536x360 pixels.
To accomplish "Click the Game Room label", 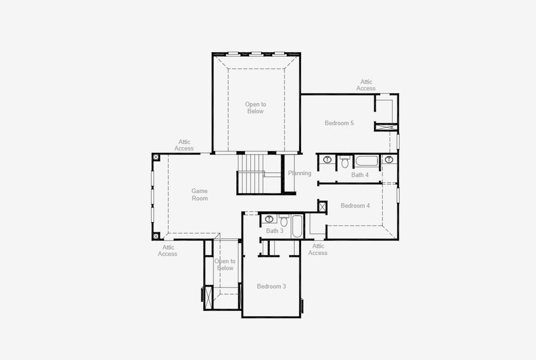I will [x=200, y=194].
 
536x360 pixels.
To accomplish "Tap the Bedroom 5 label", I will [x=339, y=123].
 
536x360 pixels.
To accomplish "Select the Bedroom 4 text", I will [x=355, y=206].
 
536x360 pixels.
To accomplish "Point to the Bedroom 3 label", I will [x=271, y=286].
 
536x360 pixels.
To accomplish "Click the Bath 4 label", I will [x=360, y=175].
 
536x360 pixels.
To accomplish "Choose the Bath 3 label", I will [x=275, y=231].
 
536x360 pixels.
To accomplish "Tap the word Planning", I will [x=300, y=173].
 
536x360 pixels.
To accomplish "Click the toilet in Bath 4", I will [x=345, y=161].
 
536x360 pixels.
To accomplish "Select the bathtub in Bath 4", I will [x=366, y=161].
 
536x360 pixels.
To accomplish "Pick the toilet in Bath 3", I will [x=284, y=221].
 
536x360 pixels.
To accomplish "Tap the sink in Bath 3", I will [x=269, y=219].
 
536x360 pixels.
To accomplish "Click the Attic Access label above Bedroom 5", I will [x=366, y=85].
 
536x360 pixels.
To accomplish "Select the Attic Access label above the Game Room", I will [x=184, y=145].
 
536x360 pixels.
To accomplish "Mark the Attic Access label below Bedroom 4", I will [x=318, y=249].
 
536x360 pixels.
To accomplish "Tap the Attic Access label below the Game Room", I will [x=168, y=250].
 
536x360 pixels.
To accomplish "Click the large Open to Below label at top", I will [x=255, y=107].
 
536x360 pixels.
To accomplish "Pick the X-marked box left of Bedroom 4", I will [x=323, y=207].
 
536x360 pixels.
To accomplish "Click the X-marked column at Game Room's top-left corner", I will [x=156, y=157].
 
